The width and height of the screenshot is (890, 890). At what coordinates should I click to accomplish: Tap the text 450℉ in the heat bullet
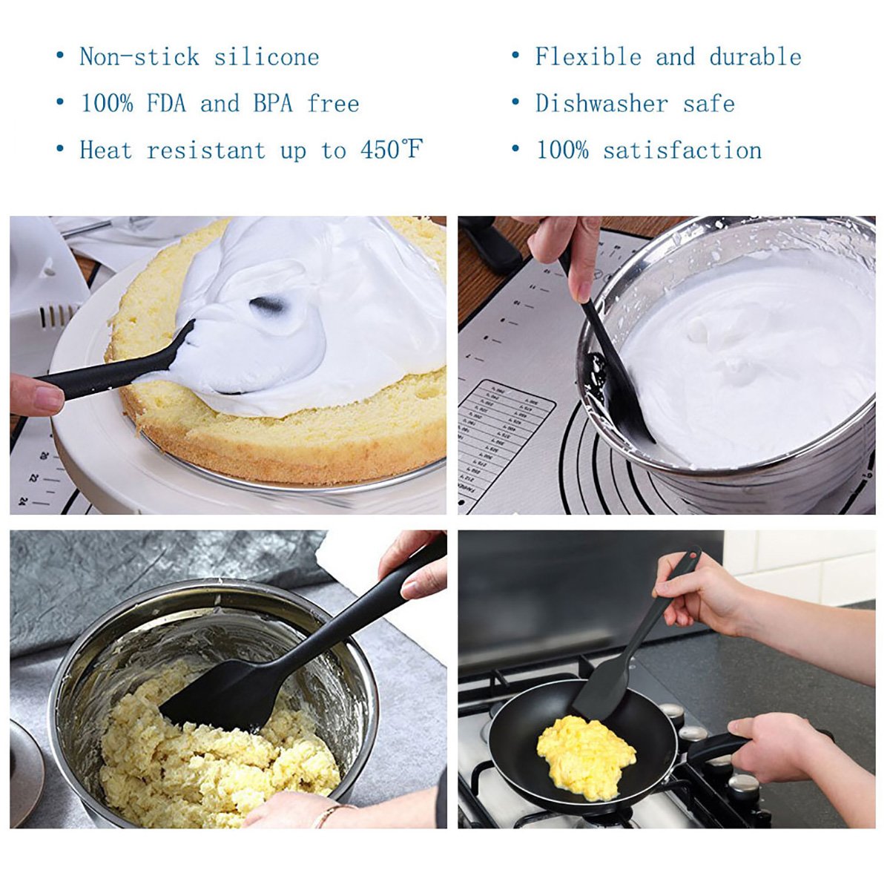[x=392, y=150]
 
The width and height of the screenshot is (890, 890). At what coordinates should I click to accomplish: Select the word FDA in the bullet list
[x=166, y=103]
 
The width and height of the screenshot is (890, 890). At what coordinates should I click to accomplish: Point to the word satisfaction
[x=682, y=150]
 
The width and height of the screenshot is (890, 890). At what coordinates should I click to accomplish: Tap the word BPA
[x=273, y=103]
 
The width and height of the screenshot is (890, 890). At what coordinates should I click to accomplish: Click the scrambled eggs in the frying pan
[x=585, y=756]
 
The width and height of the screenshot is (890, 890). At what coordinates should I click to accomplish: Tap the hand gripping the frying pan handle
[x=779, y=745]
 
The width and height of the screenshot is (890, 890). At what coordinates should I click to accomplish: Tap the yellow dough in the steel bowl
[x=215, y=771]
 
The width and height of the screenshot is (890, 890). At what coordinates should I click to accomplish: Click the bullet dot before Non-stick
[x=60, y=56]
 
